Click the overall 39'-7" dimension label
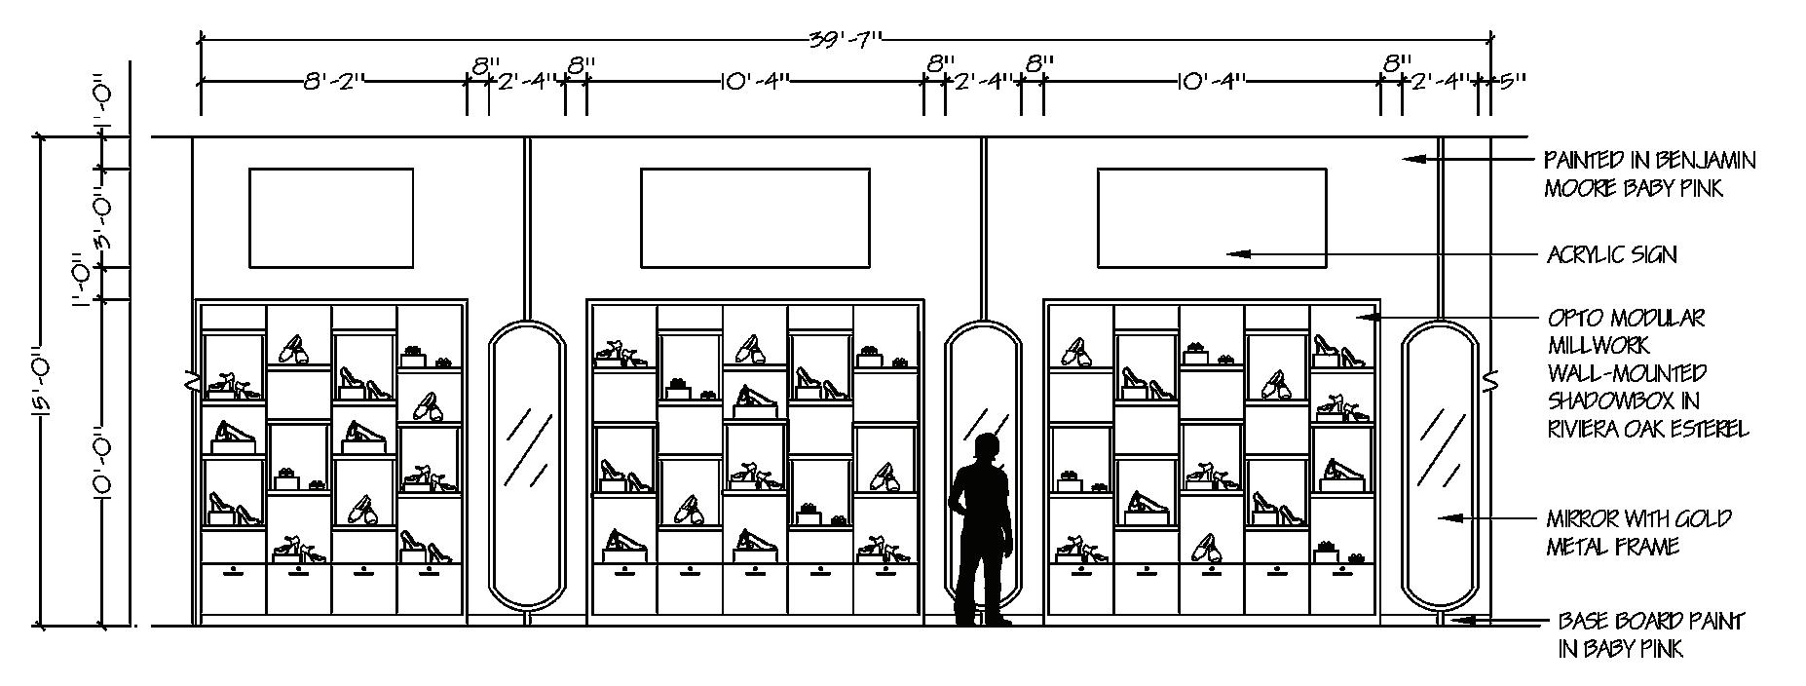click(846, 40)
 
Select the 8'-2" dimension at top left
click(333, 82)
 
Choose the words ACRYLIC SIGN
click(1612, 255)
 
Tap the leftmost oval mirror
click(527, 466)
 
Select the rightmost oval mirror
click(1441, 466)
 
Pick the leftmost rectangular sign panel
click(331, 217)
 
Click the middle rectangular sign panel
click(754, 217)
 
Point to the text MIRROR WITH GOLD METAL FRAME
click(1625, 533)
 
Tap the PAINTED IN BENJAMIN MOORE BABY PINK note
click(1649, 173)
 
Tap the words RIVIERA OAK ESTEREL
click(1647, 429)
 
